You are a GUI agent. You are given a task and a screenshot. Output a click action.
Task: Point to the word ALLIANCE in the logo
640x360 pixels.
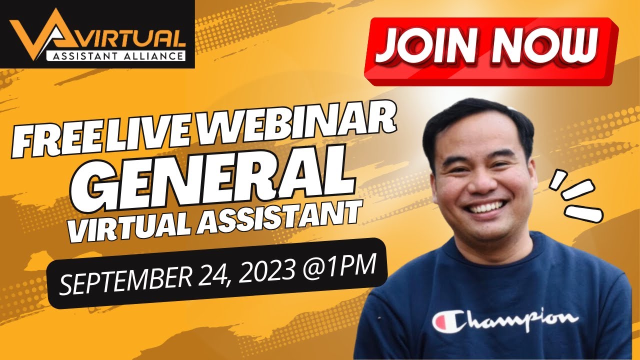152,55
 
